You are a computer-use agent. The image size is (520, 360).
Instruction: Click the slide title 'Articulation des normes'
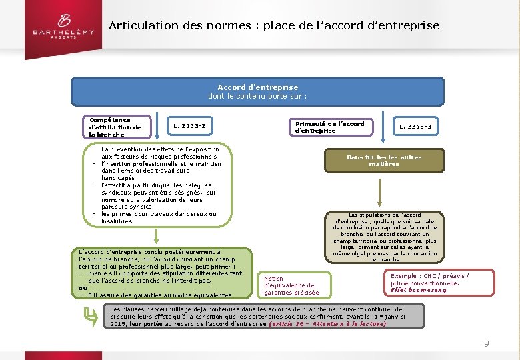274,26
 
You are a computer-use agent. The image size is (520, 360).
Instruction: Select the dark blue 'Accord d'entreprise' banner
257,91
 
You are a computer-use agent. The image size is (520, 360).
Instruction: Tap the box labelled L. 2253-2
189,125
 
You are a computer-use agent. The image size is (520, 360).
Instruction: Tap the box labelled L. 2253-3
415,126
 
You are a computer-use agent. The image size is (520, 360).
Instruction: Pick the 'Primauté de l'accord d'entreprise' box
329,127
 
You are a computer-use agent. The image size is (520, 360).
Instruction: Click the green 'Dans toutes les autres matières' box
384,161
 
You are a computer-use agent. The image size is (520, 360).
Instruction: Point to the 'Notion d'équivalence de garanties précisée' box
291,285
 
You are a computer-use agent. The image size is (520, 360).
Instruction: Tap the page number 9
487,343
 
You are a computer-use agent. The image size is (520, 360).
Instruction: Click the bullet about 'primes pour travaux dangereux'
159,217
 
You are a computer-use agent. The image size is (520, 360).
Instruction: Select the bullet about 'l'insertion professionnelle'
161,167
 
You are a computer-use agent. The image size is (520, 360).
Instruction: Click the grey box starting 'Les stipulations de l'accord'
384,237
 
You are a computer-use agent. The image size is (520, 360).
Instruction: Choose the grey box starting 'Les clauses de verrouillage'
263,316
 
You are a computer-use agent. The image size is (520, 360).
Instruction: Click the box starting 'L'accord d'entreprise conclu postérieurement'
161,273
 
